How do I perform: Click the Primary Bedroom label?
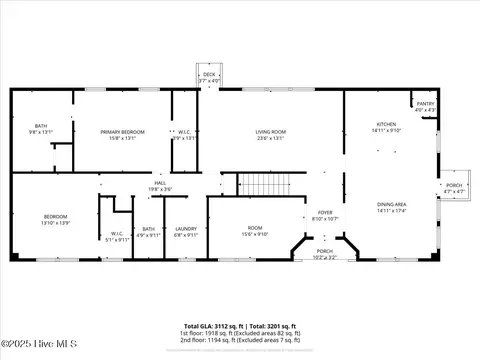coord(123,134)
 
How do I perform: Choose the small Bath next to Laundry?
coord(148,232)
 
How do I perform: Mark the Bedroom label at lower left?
coord(55,219)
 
